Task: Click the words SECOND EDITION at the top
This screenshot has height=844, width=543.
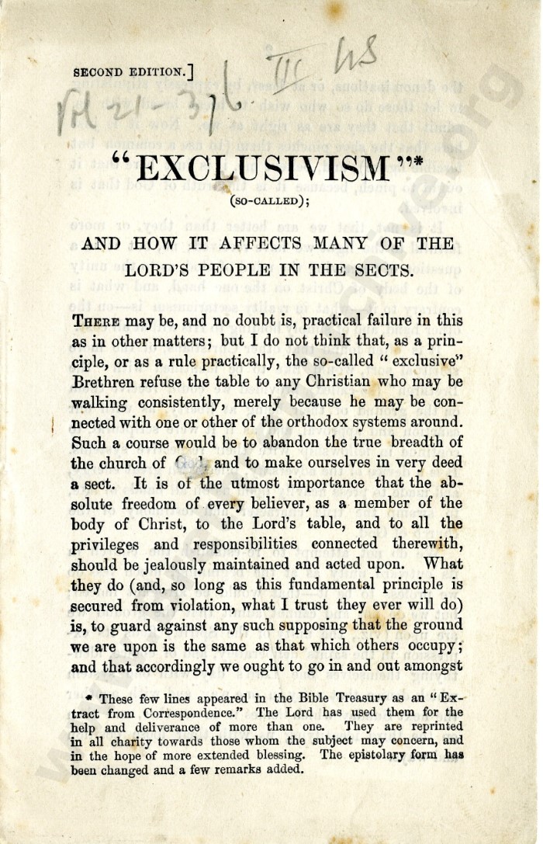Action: [130, 73]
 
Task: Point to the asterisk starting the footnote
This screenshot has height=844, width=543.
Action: [89, 698]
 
